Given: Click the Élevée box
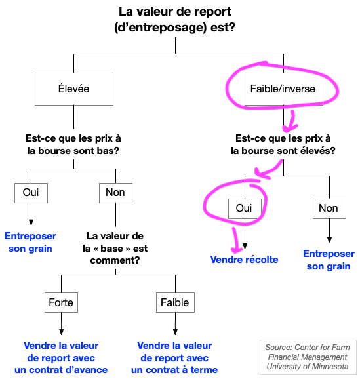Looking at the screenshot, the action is [74, 89].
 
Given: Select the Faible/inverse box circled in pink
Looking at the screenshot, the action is [284, 89].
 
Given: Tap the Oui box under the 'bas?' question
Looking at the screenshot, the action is [31, 193].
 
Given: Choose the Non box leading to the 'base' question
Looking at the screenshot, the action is [115, 193].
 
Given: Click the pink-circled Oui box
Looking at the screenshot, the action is [245, 209].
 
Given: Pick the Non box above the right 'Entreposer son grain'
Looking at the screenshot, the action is [329, 209].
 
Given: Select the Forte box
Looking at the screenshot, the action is [61, 302].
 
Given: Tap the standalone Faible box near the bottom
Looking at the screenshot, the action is [175, 302].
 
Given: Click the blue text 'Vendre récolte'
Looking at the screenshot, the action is [244, 260].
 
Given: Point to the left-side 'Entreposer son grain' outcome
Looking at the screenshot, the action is [30, 242].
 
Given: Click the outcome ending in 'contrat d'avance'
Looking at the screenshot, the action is [61, 358].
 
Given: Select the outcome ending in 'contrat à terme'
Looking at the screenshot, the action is [174, 358].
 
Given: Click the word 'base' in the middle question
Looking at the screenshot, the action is [111, 249].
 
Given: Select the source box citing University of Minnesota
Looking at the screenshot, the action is [308, 357].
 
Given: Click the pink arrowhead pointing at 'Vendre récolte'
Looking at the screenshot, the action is [237, 249].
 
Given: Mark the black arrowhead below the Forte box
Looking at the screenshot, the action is [62, 332].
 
